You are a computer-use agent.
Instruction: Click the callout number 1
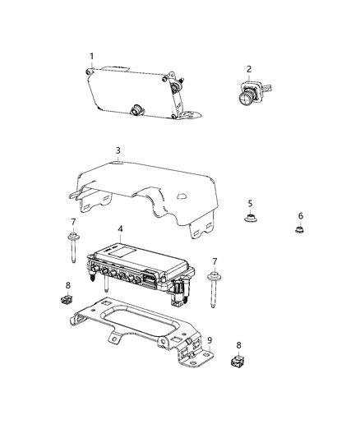92,56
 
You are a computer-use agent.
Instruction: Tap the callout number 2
249,69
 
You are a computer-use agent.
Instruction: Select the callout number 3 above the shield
118,150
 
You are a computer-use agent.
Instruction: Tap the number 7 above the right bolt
215,261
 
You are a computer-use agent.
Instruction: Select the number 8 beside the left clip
68,286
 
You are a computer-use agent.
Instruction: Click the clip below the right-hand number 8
238,362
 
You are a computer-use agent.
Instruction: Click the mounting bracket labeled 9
144,329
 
